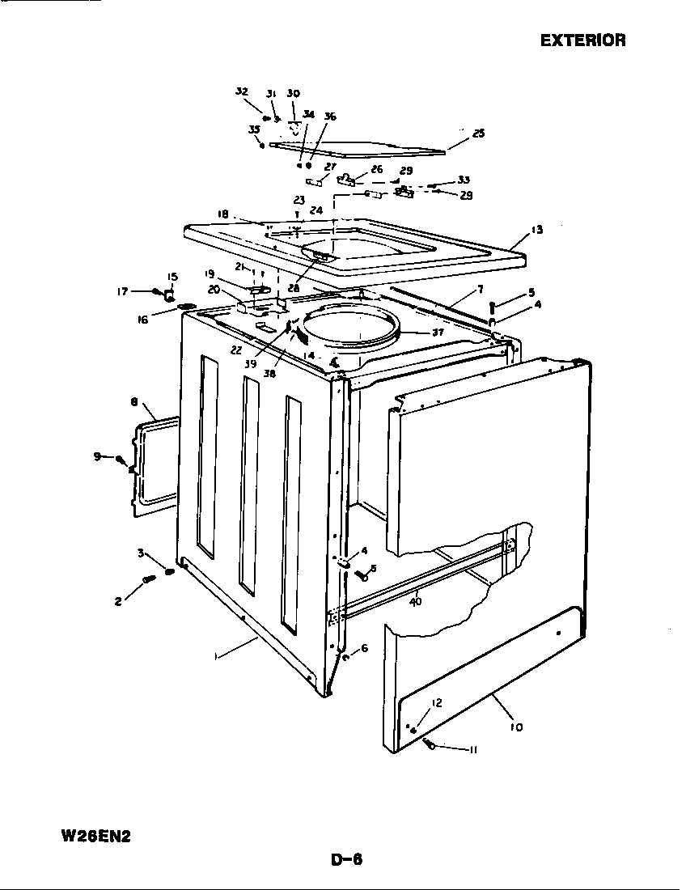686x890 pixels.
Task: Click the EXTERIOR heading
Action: [582, 40]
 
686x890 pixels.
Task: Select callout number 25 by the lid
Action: [478, 133]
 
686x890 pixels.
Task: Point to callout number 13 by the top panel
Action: [536, 231]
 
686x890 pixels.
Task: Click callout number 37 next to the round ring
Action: [438, 333]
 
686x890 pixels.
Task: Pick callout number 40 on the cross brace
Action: [416, 601]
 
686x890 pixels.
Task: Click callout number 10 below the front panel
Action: [516, 727]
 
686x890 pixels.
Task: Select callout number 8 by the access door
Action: [133, 402]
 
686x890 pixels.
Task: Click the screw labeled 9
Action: [122, 460]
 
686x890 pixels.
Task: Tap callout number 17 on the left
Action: [122, 291]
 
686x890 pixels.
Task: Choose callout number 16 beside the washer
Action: [142, 320]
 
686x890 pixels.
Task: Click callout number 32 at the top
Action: [242, 91]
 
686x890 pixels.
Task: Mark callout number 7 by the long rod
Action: [481, 289]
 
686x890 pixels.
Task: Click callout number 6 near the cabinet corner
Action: [364, 648]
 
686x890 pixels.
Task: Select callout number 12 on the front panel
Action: [436, 703]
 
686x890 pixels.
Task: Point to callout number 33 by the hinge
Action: [464, 180]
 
